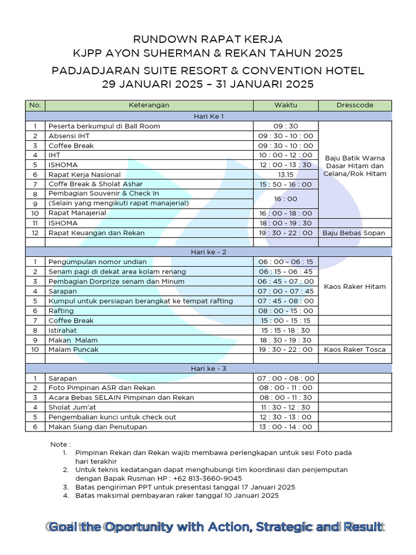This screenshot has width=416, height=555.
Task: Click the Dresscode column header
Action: point(355,105)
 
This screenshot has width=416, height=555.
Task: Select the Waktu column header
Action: point(285,105)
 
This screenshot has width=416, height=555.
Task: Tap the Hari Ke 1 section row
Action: point(208,116)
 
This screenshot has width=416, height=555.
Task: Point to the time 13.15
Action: point(285,175)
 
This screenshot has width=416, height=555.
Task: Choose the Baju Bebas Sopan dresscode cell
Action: point(354,233)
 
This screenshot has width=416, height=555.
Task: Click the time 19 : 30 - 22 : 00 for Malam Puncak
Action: point(285,350)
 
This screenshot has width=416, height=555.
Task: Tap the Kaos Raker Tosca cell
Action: point(354,350)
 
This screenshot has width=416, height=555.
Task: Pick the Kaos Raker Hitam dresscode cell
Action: point(354,286)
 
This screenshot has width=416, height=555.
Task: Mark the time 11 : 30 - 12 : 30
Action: point(285,407)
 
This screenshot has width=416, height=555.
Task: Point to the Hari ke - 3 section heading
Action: point(208,369)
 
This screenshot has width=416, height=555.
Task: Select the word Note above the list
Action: point(59,444)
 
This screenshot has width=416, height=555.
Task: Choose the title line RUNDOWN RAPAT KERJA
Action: point(208,40)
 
